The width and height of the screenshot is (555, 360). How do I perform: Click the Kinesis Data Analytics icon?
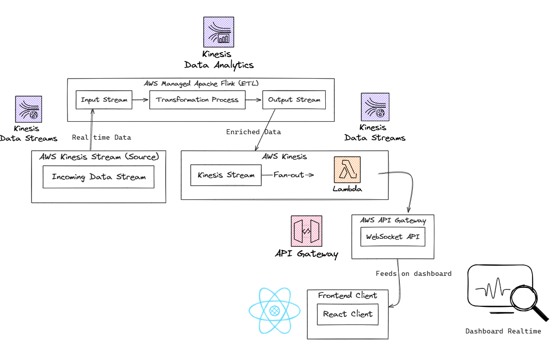click(x=219, y=32)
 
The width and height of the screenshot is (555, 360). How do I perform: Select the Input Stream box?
click(x=104, y=100)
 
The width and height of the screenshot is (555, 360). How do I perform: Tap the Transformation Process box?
click(x=197, y=100)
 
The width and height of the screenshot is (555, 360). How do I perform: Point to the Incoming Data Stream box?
click(x=99, y=177)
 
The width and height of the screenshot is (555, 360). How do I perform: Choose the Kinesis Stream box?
click(x=226, y=175)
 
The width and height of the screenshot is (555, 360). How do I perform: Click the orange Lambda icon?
click(x=347, y=171)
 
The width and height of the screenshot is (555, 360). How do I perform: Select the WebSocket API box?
click(x=393, y=236)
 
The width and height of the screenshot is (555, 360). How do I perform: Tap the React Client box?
click(x=347, y=314)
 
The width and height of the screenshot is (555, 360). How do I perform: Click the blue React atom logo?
click(x=274, y=310)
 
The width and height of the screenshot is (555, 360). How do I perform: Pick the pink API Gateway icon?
click(x=306, y=231)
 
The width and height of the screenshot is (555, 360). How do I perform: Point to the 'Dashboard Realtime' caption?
click(x=503, y=331)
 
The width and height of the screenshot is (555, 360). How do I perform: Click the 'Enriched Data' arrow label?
click(x=253, y=132)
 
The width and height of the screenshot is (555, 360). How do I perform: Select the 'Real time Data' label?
click(x=102, y=137)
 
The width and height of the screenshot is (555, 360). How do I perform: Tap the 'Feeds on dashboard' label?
click(x=413, y=273)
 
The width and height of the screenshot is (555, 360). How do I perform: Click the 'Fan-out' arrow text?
click(x=289, y=175)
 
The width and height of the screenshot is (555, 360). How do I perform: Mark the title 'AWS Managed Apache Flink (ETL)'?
click(x=201, y=83)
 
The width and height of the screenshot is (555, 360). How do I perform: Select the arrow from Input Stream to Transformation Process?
click(x=141, y=100)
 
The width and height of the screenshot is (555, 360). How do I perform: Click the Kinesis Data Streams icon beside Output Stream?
click(x=375, y=107)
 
